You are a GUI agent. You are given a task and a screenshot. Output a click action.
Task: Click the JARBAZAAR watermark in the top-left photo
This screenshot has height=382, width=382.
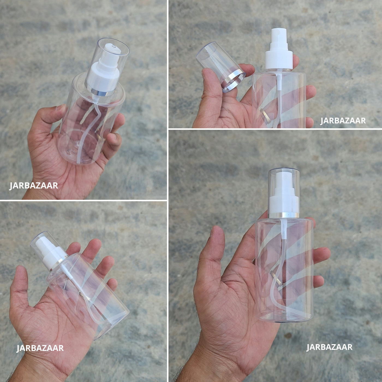(x=34, y=186)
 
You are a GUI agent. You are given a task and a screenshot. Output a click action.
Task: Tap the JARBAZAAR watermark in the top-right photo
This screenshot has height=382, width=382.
(x=343, y=121)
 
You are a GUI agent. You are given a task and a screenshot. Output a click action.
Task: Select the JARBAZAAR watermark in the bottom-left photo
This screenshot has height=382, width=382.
(x=40, y=348)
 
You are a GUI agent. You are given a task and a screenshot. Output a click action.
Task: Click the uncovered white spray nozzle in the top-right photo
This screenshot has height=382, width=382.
(x=279, y=40)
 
